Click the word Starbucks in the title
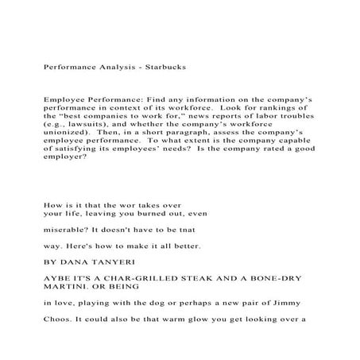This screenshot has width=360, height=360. [165, 68]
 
